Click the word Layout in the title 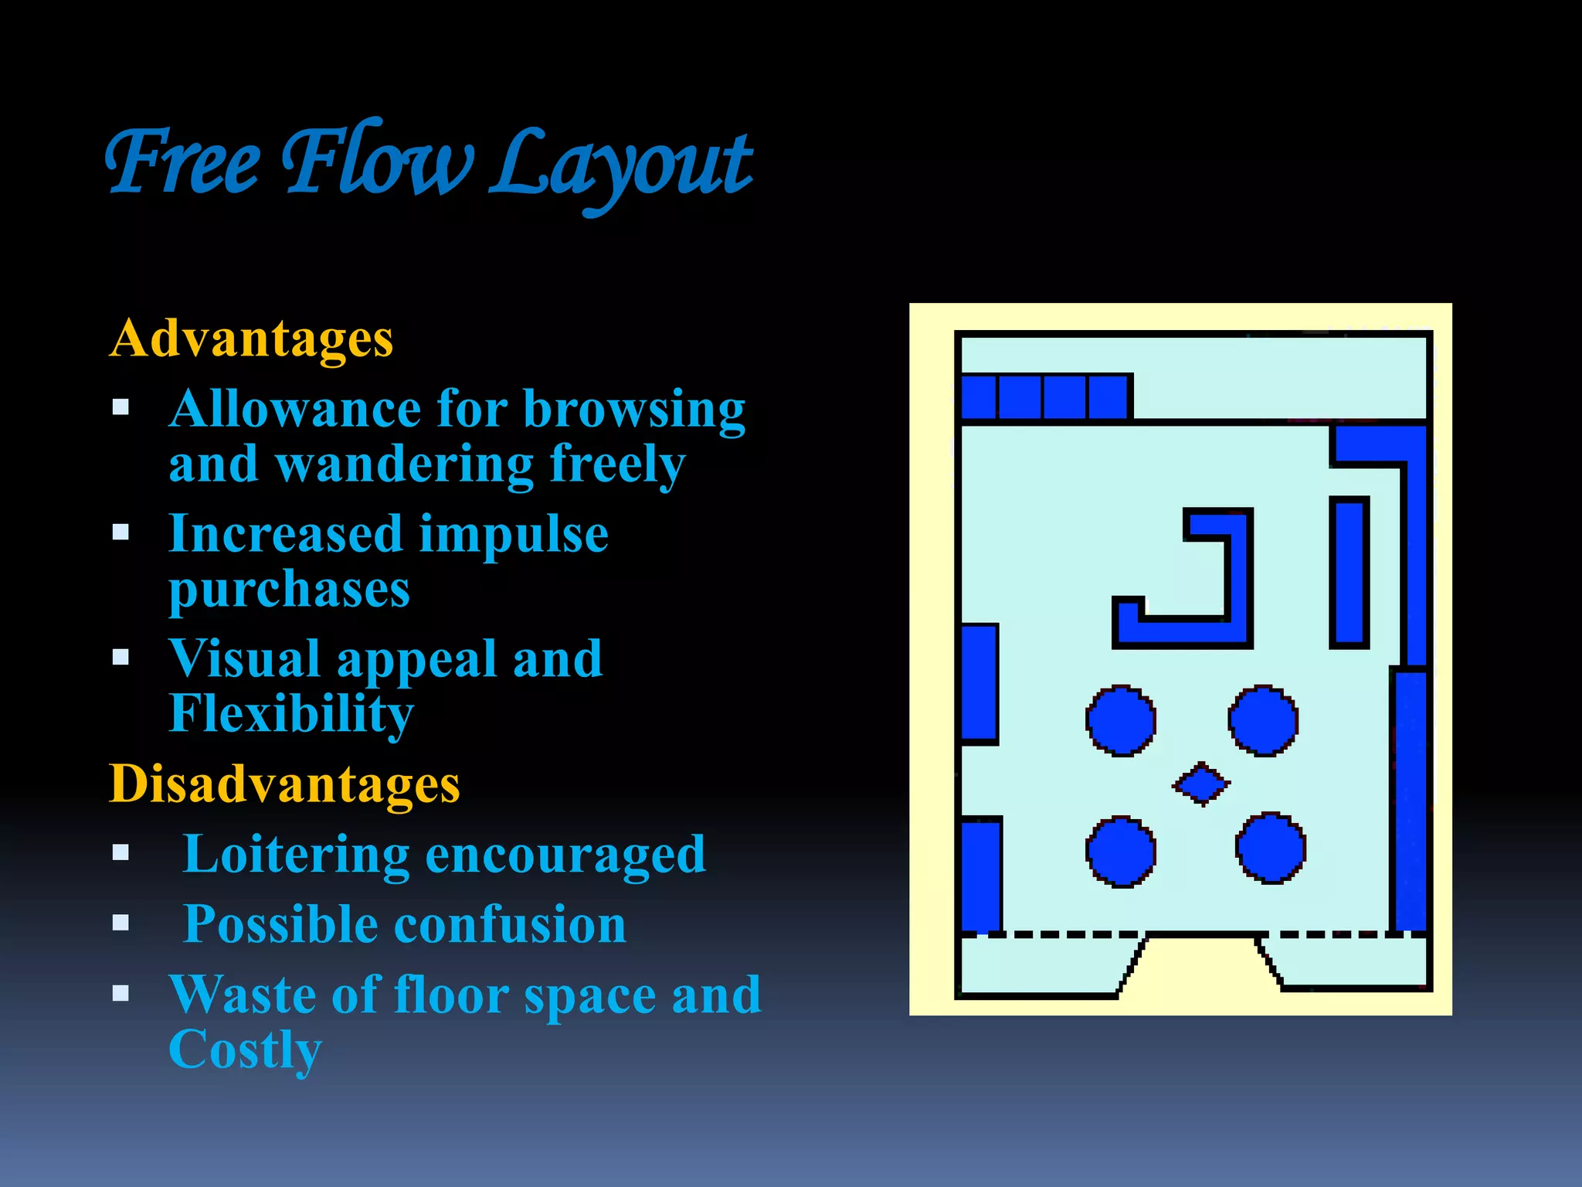[x=622, y=164]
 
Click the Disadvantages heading [x=284, y=784]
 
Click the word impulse [x=513, y=534]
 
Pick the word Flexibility [x=291, y=713]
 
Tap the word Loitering [x=295, y=854]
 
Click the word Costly [x=244, y=1050]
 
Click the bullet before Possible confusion [x=121, y=923]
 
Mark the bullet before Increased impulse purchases [x=121, y=532]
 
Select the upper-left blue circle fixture [x=1120, y=720]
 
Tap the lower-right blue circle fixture [x=1271, y=848]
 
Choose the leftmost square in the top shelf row [x=979, y=397]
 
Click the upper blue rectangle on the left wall [x=979, y=683]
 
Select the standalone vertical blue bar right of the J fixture [x=1349, y=572]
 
